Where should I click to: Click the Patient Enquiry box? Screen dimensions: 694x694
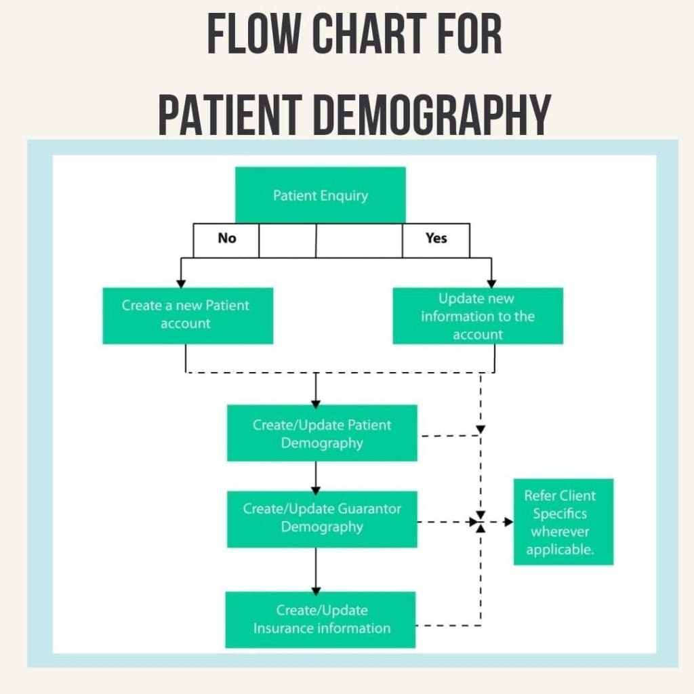tap(320, 195)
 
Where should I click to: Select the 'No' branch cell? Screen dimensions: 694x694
tap(226, 239)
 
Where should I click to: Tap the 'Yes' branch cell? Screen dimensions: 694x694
tap(436, 239)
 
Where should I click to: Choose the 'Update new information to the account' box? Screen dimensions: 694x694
tap(477, 316)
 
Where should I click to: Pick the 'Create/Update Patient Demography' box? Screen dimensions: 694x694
tap(322, 434)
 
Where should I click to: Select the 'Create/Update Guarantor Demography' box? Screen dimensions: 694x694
tap(322, 518)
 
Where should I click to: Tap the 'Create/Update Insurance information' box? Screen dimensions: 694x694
tap(321, 619)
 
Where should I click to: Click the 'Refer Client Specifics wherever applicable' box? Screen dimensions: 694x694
tap(563, 522)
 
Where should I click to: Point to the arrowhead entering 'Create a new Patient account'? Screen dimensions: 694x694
tap(180, 283)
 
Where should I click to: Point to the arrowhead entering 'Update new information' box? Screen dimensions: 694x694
tap(492, 283)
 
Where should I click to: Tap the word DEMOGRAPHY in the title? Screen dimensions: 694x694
tap(432, 115)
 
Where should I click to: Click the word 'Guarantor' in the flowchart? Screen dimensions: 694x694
tap(368, 509)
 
